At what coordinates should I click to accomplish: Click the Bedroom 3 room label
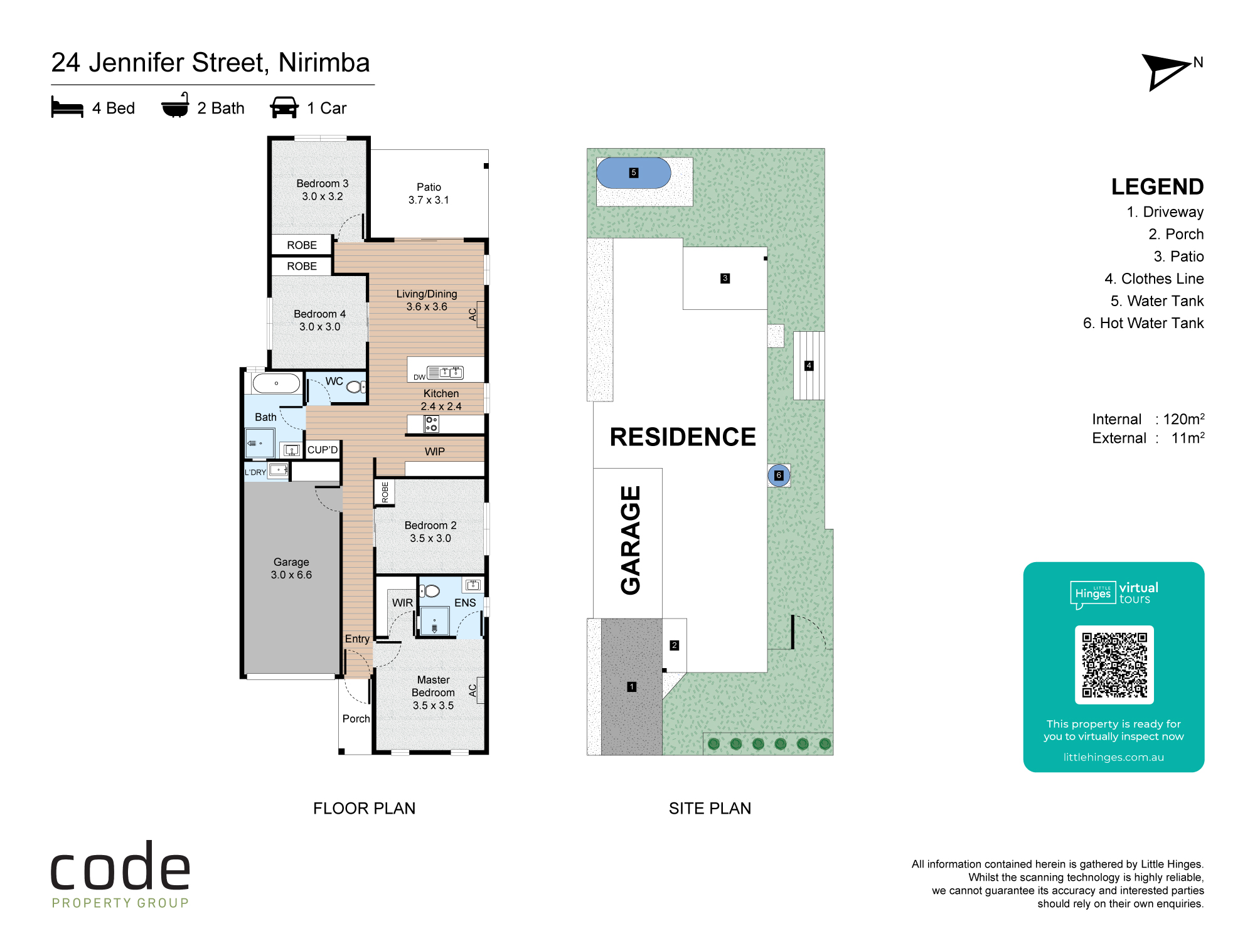pos(322,189)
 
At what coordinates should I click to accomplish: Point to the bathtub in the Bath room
pos(276,383)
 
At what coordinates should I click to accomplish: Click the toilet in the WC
pos(355,386)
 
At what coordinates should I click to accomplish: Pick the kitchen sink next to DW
pos(445,373)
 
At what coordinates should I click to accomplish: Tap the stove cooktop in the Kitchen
pos(431,424)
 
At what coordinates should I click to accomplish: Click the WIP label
pos(435,452)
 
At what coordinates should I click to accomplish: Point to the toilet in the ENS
pos(430,590)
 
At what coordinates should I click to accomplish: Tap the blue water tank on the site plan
pos(634,173)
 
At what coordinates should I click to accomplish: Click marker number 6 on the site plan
pos(779,475)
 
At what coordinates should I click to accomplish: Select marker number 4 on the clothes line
pos(809,365)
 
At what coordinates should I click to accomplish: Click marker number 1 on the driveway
pos(632,687)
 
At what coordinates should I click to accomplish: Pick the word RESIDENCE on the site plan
pos(683,437)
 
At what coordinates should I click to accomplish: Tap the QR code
pos(1114,665)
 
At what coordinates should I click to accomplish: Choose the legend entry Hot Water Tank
pos(1143,323)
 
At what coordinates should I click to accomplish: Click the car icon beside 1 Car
pos(284,107)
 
